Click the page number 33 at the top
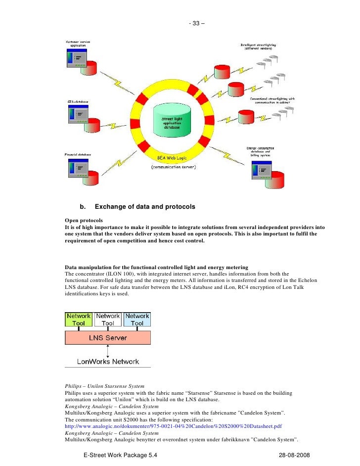tap(198, 23)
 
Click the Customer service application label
tap(78, 43)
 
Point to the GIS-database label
tap(78, 101)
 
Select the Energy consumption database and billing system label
tap(260, 151)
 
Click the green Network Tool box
tap(79, 320)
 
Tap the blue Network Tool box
tap(137, 320)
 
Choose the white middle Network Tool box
tap(108, 320)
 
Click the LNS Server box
tap(108, 338)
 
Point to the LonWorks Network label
tap(108, 362)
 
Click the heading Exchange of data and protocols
tap(144, 206)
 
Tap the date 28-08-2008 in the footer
tap(296, 455)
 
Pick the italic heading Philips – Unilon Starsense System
tap(104, 386)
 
